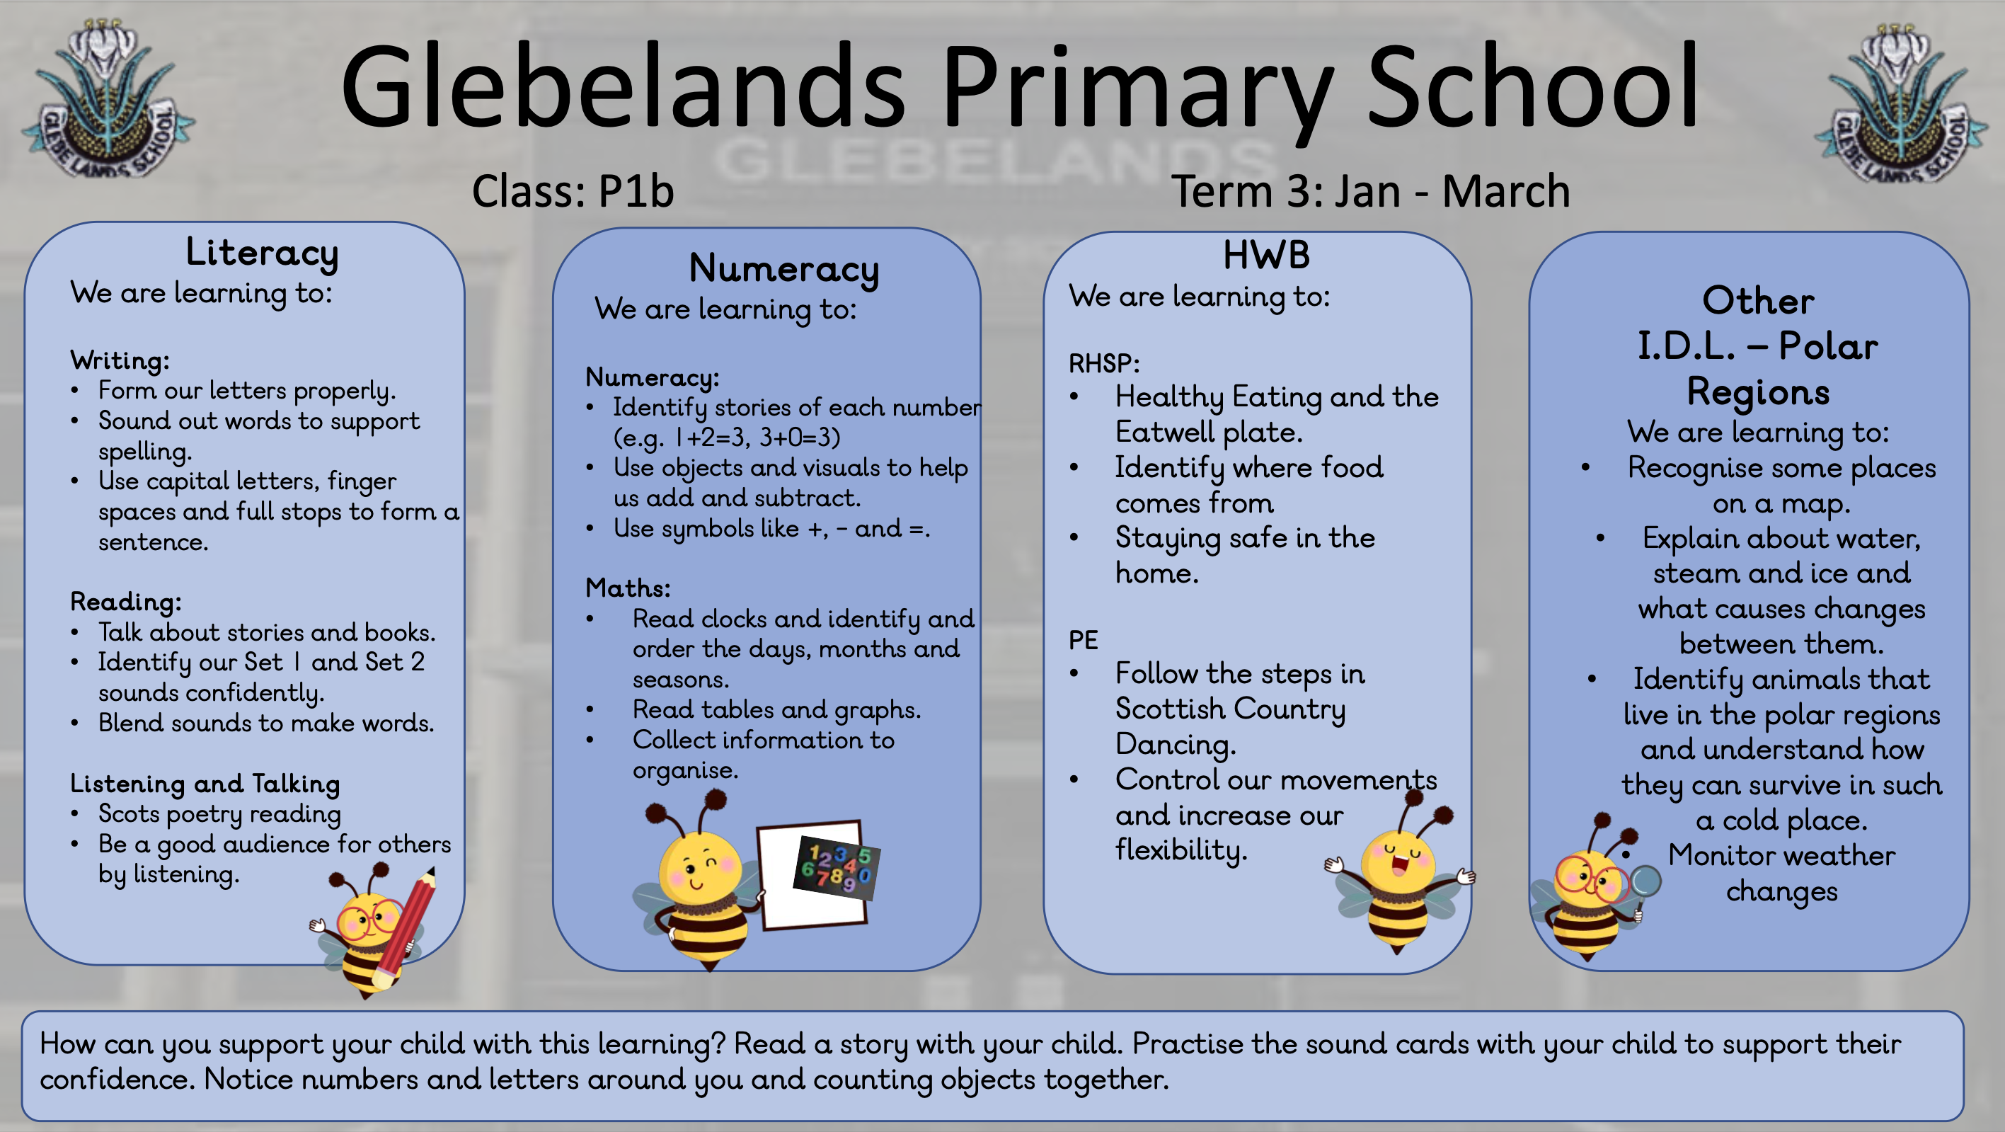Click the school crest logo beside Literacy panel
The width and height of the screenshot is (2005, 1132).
[108, 101]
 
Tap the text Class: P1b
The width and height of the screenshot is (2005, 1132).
[572, 192]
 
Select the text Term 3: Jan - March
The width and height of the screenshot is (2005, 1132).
[1370, 192]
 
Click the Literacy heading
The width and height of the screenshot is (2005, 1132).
[262, 252]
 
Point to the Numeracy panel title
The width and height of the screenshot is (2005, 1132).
[783, 268]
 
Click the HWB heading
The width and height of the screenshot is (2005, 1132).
[1265, 256]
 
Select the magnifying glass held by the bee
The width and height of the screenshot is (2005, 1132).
[1645, 883]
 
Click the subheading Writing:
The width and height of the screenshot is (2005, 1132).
[120, 360]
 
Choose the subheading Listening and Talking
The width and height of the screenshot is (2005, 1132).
[205, 783]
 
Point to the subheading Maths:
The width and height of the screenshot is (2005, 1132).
[627, 588]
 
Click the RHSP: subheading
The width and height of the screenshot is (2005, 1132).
[1103, 364]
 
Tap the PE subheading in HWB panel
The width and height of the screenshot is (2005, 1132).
[1083, 640]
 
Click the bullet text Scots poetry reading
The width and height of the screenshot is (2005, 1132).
[219, 813]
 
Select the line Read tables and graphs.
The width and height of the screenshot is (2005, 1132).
[776, 709]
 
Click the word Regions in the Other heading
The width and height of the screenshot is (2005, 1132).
[1757, 391]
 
